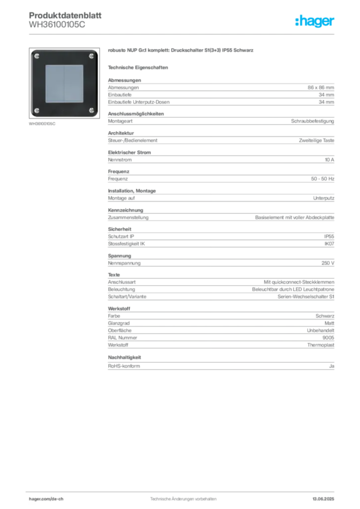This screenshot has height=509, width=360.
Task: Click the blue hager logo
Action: (315, 21)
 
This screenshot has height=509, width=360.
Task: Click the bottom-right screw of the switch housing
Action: (91, 110)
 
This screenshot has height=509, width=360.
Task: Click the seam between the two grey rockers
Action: (64, 83)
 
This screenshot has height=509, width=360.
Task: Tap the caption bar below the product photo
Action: (44, 123)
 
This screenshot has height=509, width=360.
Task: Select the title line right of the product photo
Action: (180, 51)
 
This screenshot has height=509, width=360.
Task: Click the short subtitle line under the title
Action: (139, 67)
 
